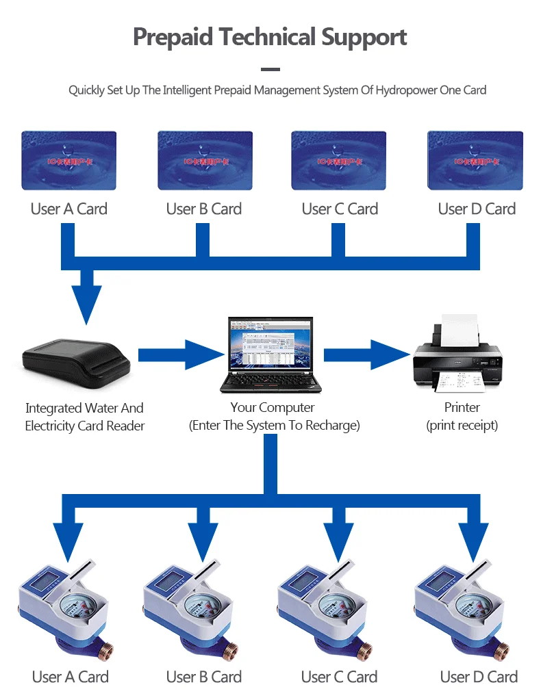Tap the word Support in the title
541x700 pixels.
[x=364, y=37]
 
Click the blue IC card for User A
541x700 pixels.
[x=68, y=160]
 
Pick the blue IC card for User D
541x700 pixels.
[x=475, y=160]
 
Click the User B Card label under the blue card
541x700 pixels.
[x=204, y=209]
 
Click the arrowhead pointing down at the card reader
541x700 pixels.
[x=86, y=301]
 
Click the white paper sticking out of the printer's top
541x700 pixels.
[x=460, y=330]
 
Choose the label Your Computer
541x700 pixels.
[x=273, y=408]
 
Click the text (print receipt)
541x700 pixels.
[x=462, y=426]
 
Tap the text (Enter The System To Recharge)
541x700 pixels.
[x=274, y=426]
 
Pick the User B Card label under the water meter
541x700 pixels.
[x=204, y=677]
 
